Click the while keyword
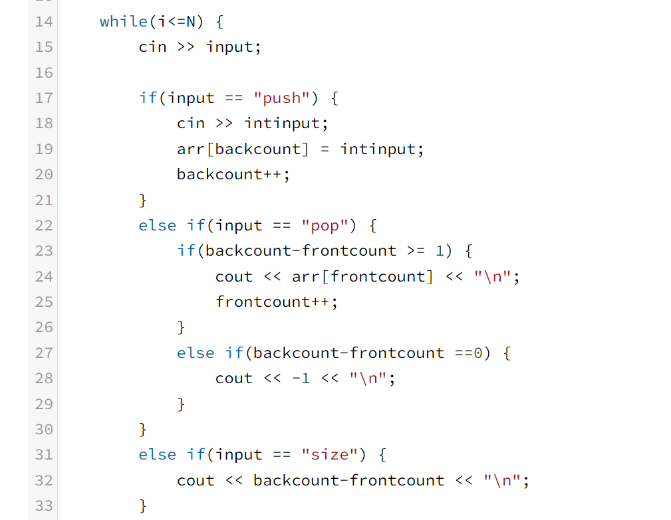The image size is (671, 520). click(124, 21)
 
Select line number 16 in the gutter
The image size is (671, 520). click(43, 72)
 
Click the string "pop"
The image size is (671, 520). click(325, 226)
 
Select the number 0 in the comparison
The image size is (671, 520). click(477, 353)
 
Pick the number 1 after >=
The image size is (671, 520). click(439, 251)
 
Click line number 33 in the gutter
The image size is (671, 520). click(43, 506)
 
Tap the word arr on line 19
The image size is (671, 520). click(191, 149)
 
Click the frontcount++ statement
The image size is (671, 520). click(277, 302)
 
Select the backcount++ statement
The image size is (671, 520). click(233, 175)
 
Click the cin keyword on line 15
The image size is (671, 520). click(152, 47)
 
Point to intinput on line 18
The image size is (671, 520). click(286, 124)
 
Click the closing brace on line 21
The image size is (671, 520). click(142, 200)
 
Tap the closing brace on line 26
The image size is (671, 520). click(181, 327)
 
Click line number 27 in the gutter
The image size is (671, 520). click(43, 353)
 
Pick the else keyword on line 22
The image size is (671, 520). click(157, 226)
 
